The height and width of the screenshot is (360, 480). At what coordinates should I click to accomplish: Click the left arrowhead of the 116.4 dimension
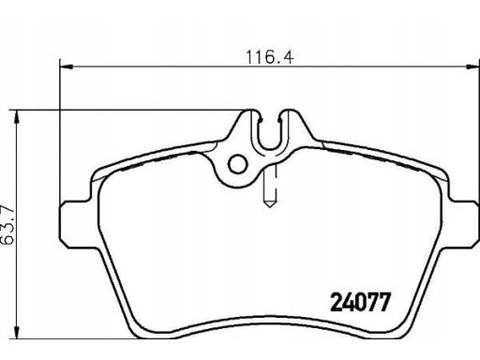pyautogui.click(x=67, y=66)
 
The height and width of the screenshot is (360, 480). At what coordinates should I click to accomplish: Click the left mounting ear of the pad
pyautogui.click(x=74, y=219)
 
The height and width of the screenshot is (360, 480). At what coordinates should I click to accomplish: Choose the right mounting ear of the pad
pyautogui.click(x=458, y=219)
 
